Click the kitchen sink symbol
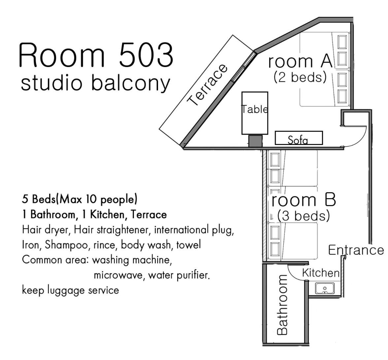(x=325, y=288)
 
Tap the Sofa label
(x=298, y=140)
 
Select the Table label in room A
(x=255, y=109)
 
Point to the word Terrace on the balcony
(x=207, y=85)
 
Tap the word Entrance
(x=356, y=250)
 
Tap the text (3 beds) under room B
(x=304, y=216)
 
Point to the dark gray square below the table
(x=255, y=141)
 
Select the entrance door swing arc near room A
(x=361, y=140)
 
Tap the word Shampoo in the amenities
(x=66, y=245)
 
